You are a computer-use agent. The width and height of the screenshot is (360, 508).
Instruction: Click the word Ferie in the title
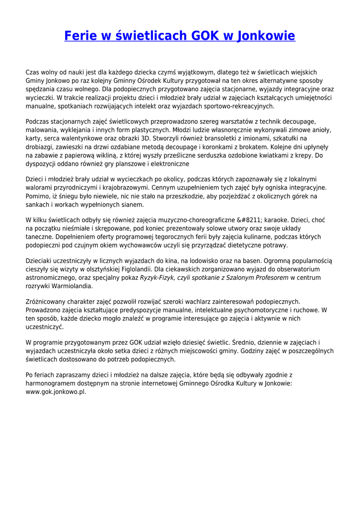[81, 36]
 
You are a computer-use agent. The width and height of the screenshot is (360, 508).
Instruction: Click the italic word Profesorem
[272, 278]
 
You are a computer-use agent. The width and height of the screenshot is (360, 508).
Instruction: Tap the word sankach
[37, 204]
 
